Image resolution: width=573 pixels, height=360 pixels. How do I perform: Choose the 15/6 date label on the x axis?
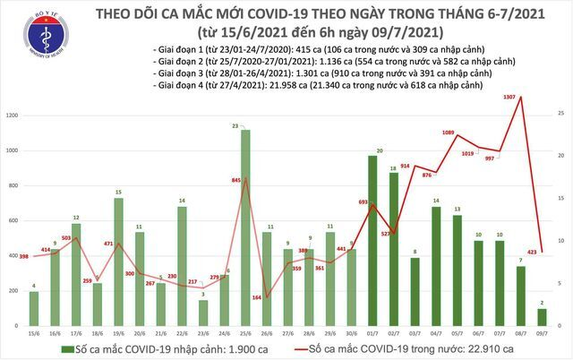[33, 331]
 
